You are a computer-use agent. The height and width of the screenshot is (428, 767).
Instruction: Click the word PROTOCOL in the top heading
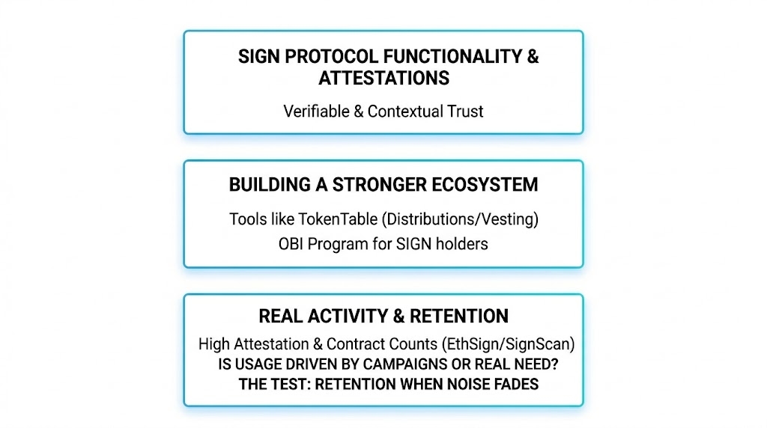(331, 57)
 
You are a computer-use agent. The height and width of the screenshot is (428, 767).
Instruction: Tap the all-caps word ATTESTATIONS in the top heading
(384, 78)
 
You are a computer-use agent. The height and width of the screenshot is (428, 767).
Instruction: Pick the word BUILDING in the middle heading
(270, 185)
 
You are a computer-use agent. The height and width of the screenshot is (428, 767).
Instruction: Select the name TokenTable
(338, 219)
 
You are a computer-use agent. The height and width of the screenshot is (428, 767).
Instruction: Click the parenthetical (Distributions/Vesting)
(461, 219)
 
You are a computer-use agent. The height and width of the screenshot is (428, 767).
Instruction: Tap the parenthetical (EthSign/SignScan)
(509, 344)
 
